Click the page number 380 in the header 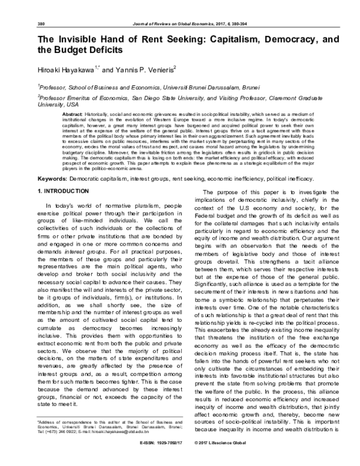click(x=26, y=24)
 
